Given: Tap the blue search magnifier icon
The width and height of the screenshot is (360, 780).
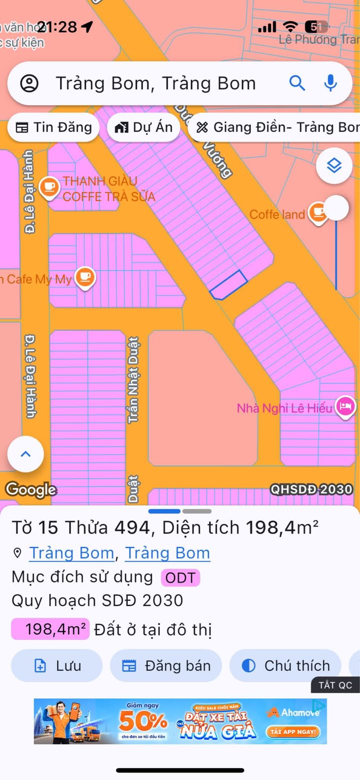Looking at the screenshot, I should coord(297,83).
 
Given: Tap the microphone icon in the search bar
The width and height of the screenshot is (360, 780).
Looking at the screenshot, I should coord(330,83).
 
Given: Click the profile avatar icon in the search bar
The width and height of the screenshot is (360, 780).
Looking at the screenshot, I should coord(29,83).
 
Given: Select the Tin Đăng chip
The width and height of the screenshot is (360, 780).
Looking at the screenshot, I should coord(53,127).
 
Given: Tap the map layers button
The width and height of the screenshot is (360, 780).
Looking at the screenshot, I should coord(334,165).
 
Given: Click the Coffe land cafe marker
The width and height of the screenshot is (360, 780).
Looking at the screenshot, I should coord(318,213).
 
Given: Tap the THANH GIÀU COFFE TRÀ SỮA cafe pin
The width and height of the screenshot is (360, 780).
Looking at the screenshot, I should coord(49,187).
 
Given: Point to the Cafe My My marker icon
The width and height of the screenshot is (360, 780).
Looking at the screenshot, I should coord(85,277).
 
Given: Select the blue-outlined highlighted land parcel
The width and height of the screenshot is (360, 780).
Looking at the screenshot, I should coord(228,285).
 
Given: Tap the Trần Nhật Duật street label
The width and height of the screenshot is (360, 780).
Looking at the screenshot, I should coord(133,380).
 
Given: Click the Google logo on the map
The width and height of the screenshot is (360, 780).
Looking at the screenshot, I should coord(31,489).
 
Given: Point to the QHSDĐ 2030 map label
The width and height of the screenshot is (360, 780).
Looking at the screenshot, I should coord(311,489).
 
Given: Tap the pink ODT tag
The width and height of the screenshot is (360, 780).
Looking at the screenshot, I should coord(180,577).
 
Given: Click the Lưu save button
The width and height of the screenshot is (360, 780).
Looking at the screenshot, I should coord(56,665).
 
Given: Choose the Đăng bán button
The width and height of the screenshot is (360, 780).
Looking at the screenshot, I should coord(166,665).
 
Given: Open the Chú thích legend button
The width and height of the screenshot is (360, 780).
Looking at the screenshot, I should coord(285,665).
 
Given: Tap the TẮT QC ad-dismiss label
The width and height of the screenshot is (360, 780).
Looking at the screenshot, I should coord(335,685).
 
